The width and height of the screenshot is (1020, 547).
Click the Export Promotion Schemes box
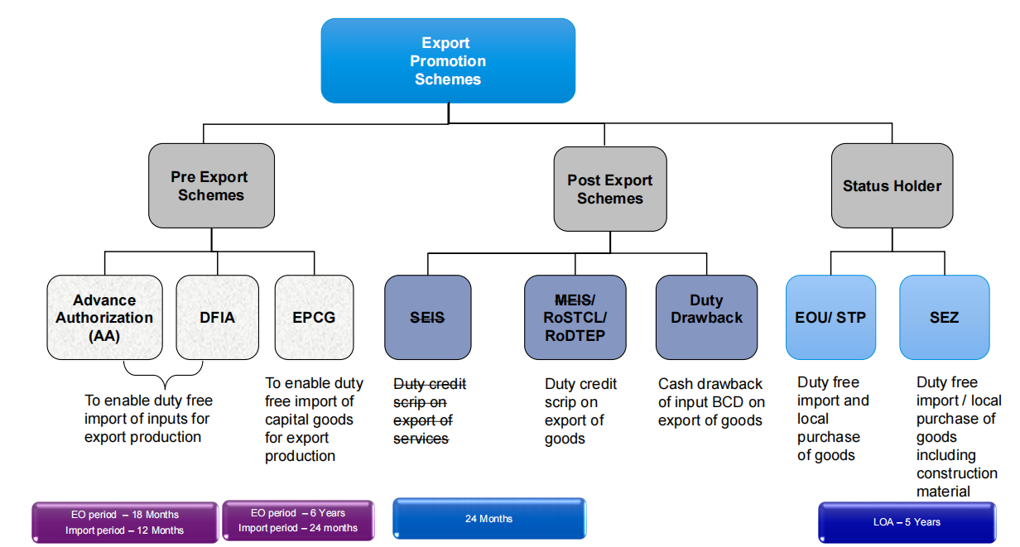point(448,61)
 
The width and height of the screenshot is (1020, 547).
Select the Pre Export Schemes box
point(211,186)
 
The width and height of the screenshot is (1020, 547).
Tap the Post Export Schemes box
point(610,189)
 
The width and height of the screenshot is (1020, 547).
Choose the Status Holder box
point(892,186)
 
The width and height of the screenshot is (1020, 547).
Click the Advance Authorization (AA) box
point(104,317)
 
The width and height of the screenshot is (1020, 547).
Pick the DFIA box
point(217,317)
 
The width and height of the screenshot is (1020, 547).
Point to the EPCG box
point(314,317)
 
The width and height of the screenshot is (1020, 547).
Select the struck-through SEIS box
point(427,317)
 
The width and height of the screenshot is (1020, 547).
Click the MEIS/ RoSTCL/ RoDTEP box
point(575,317)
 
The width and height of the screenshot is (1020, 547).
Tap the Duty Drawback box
point(706,317)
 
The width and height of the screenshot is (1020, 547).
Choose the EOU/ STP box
point(830,317)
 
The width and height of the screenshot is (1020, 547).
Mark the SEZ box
point(944,317)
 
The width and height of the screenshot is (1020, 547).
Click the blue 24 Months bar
point(488,519)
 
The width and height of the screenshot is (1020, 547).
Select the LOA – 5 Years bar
point(907,522)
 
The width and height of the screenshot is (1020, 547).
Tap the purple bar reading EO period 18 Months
point(125,522)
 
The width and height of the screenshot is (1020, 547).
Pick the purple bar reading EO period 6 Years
point(298,521)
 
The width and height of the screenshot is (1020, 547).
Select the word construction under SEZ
point(956,473)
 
